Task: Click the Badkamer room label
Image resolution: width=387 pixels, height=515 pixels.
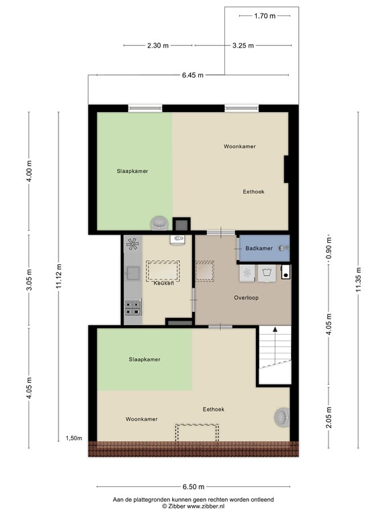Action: tap(259, 248)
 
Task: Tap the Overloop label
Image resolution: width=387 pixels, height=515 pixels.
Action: tap(246, 298)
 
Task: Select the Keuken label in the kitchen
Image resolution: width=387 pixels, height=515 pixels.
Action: tap(163, 283)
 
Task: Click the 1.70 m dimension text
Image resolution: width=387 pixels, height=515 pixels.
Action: tap(265, 16)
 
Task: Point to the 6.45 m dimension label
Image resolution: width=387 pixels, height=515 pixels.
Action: tap(193, 75)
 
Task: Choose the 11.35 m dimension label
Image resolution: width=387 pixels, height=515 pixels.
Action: tap(358, 280)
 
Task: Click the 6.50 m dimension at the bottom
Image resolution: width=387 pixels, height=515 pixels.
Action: tap(193, 487)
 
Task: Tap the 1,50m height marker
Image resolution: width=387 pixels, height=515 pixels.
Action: tap(74, 438)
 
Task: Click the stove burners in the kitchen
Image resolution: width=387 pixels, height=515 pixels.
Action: tap(133, 307)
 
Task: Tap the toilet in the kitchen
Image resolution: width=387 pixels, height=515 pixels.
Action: tap(177, 239)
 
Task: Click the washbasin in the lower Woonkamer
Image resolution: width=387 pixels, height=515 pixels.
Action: tap(282, 417)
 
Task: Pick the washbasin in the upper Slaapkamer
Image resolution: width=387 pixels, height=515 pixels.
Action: tap(160, 223)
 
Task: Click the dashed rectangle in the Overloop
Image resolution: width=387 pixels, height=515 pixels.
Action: tap(205, 271)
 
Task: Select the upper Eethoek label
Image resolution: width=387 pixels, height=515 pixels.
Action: tap(254, 192)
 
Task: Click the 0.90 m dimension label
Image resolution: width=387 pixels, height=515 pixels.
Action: tap(329, 247)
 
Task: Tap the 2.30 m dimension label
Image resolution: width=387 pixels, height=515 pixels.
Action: tap(158, 46)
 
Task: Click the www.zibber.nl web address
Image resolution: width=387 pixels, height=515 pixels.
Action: tap(206, 506)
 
